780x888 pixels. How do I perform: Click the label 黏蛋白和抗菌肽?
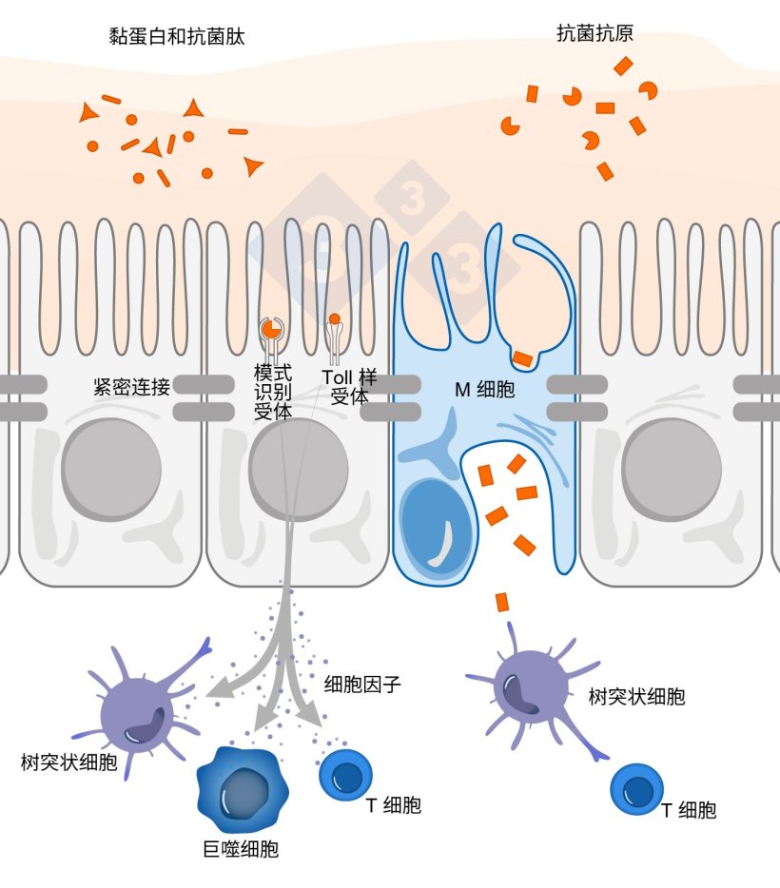(x=178, y=37)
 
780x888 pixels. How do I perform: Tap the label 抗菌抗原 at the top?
(x=595, y=34)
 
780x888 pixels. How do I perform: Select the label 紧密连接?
(x=131, y=387)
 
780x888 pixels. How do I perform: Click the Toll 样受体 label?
(x=349, y=388)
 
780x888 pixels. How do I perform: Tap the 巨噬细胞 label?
(x=241, y=849)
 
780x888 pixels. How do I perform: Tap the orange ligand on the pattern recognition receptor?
(x=271, y=329)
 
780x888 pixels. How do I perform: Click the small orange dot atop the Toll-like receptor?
(x=334, y=319)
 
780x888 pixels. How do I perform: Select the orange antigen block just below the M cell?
(x=501, y=601)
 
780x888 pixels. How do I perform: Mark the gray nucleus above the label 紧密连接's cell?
(x=107, y=469)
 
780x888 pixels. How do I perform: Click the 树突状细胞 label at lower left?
(x=69, y=762)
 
